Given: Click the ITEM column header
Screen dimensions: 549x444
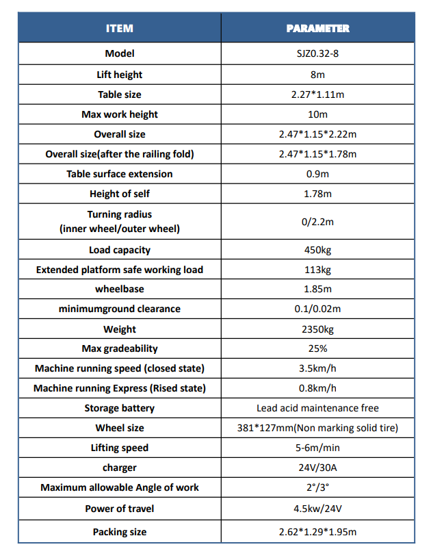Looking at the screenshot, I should click(119, 29).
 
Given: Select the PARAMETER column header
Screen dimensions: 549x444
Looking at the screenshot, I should click(317, 29).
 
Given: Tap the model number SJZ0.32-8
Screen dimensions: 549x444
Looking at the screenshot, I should click(317, 53).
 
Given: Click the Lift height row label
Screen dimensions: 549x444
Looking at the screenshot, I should click(120, 74).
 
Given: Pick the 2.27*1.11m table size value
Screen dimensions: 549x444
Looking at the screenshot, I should click(317, 94).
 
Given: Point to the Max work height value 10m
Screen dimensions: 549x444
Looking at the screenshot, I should click(317, 114).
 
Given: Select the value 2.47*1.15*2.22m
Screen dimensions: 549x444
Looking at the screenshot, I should click(317, 134).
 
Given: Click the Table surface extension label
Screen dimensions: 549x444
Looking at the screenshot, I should click(120, 174).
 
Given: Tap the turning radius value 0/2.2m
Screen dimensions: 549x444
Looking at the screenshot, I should click(317, 222).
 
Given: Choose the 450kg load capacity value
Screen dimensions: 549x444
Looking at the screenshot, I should click(317, 250).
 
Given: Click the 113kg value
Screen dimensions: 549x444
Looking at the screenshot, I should click(317, 270).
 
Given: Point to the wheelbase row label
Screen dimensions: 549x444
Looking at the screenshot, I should click(120, 289).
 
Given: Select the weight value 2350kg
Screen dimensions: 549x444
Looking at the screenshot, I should click(317, 329).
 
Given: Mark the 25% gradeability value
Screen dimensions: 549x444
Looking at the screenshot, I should click(317, 348).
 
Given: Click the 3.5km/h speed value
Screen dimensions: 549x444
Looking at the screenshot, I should click(317, 368).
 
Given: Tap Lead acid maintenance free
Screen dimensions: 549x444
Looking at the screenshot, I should click(317, 408).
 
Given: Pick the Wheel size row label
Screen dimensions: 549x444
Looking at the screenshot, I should click(120, 428).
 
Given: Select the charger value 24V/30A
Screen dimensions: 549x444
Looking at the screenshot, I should click(317, 468).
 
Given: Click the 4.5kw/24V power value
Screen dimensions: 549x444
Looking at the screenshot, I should click(317, 508).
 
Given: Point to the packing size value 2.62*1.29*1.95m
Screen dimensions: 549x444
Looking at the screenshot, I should click(317, 532).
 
